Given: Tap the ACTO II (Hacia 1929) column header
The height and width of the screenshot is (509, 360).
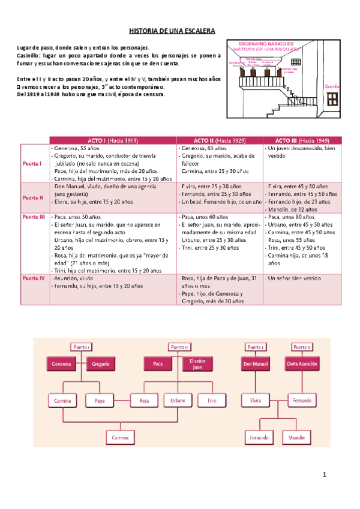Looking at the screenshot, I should tap(220, 140).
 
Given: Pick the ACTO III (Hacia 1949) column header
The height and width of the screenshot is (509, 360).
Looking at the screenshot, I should tap(302, 140).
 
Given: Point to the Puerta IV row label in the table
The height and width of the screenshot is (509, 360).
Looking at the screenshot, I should tap(34, 279).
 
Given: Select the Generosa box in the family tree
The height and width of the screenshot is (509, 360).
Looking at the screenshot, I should tap(62, 364).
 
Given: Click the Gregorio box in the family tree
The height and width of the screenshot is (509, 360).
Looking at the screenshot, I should tap(100, 364).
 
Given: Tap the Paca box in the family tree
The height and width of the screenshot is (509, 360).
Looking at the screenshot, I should tap(158, 364).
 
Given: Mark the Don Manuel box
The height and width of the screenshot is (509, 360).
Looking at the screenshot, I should tap(255, 364).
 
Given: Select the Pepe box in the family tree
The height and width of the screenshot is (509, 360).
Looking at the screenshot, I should tap(100, 400).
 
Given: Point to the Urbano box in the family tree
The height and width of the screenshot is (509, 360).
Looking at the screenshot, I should tap(178, 400).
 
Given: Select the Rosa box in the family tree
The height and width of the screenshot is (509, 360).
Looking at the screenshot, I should tap(144, 400).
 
